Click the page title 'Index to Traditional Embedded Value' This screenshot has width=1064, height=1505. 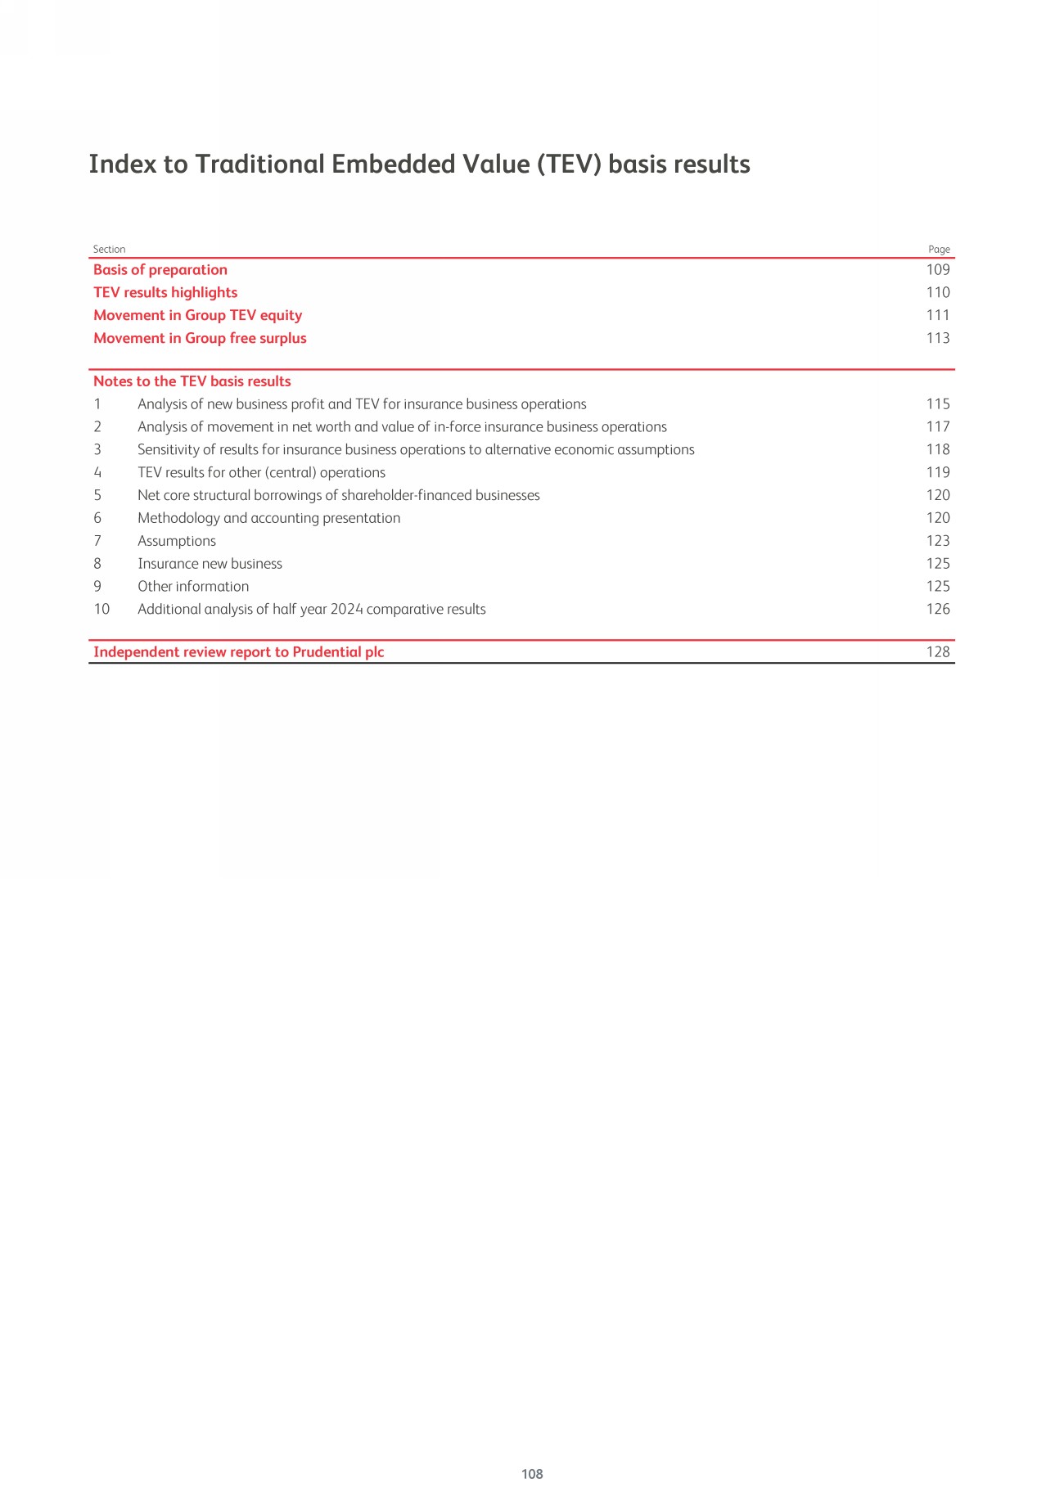click(419, 164)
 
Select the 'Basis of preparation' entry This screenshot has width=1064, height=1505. click(160, 270)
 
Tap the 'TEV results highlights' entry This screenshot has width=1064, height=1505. click(165, 293)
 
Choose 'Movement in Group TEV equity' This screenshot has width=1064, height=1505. click(197, 316)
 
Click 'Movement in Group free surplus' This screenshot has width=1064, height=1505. click(200, 339)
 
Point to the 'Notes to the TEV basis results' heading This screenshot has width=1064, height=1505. click(192, 381)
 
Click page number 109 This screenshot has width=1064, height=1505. click(938, 270)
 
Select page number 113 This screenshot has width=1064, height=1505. click(938, 339)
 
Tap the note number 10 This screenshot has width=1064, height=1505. click(101, 610)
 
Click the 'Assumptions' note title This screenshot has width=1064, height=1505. click(177, 541)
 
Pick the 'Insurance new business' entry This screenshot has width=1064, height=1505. click(210, 564)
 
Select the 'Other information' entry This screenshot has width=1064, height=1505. click(193, 587)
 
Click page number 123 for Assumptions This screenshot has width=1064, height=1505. click(938, 541)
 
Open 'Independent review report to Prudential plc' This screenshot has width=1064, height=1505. click(239, 652)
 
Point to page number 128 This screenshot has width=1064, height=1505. click(938, 652)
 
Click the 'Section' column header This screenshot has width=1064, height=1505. click(109, 250)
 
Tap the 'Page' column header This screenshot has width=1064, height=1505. click(939, 250)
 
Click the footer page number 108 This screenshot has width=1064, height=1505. click(532, 1474)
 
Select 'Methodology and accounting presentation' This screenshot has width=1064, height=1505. click(269, 518)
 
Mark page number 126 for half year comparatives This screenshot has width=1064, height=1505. click(938, 610)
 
